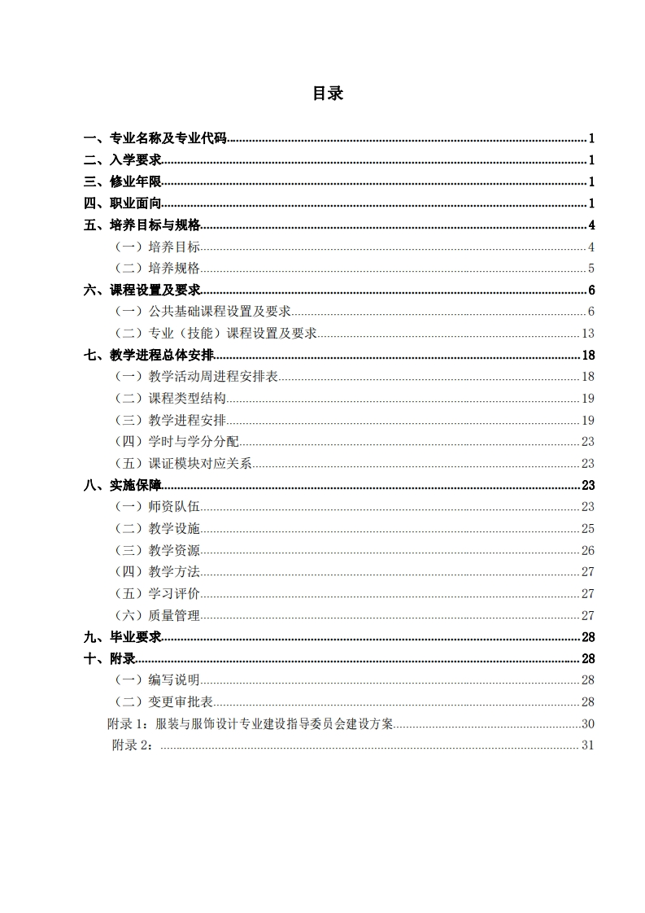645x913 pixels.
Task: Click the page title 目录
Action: coord(328,94)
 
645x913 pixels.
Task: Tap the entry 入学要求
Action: coord(135,160)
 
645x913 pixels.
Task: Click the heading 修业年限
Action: coord(135,182)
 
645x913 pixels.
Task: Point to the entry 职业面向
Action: coord(135,203)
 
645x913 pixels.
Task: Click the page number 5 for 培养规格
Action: coord(591,269)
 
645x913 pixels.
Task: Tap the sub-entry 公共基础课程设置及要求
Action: coord(220,312)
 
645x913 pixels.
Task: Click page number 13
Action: coord(588,333)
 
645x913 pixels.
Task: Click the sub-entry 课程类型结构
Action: coord(187,399)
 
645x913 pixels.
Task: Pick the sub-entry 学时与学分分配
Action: coord(194,442)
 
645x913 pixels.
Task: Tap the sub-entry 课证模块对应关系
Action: coord(200,464)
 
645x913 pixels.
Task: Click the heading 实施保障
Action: coord(135,485)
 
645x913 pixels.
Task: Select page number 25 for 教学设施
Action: coord(588,529)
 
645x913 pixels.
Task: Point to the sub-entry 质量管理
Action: coord(174,615)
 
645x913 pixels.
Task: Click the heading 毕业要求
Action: coord(135,637)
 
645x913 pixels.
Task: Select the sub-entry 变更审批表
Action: coord(181,702)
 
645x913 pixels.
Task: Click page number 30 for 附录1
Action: coord(588,724)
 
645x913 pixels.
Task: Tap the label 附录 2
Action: coord(133,745)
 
